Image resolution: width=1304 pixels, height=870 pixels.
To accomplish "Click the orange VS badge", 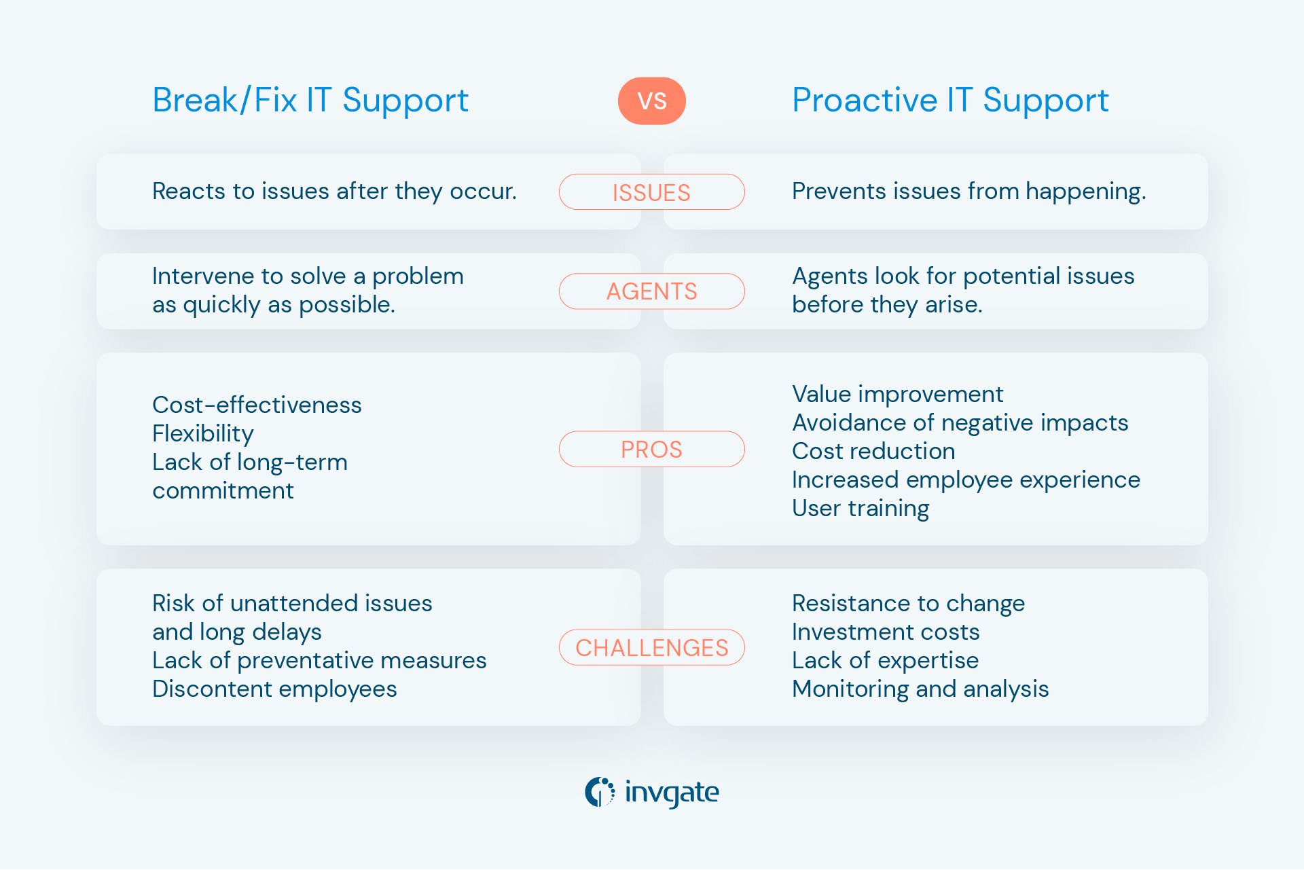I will tap(651, 101).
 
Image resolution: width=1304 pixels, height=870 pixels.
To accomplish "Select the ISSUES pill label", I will tap(651, 192).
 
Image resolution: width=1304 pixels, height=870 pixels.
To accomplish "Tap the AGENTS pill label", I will tap(651, 291).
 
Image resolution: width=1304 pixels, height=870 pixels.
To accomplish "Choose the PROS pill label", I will tap(651, 449).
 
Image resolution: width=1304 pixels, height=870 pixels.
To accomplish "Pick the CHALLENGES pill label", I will tap(651, 647).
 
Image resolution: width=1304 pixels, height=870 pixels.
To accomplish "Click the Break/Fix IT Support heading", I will tap(310, 101).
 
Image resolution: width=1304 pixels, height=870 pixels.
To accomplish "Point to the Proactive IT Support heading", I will tap(950, 101).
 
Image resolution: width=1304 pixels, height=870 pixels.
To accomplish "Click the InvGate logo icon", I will tap(600, 792).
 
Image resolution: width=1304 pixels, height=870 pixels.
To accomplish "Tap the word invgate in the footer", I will tap(671, 793).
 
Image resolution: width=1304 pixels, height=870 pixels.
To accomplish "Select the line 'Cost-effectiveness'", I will tap(257, 405).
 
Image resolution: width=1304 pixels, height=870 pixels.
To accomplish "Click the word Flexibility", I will tap(202, 433).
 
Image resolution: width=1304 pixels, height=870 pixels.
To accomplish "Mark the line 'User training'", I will tap(861, 508).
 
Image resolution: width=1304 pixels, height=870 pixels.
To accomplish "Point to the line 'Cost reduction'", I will tap(873, 451).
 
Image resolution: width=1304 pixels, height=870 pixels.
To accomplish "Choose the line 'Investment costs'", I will tap(886, 632).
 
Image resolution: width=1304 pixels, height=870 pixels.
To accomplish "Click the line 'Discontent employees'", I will tap(274, 689).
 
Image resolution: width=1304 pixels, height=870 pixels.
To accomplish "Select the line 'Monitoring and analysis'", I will tap(920, 689).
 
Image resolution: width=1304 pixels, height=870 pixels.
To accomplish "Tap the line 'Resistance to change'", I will tap(908, 603).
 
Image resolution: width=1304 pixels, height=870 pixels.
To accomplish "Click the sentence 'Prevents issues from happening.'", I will tap(968, 192).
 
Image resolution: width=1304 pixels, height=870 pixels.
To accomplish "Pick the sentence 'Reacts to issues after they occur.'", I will tap(334, 192).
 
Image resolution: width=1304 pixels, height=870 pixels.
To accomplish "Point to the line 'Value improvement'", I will tap(897, 394).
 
